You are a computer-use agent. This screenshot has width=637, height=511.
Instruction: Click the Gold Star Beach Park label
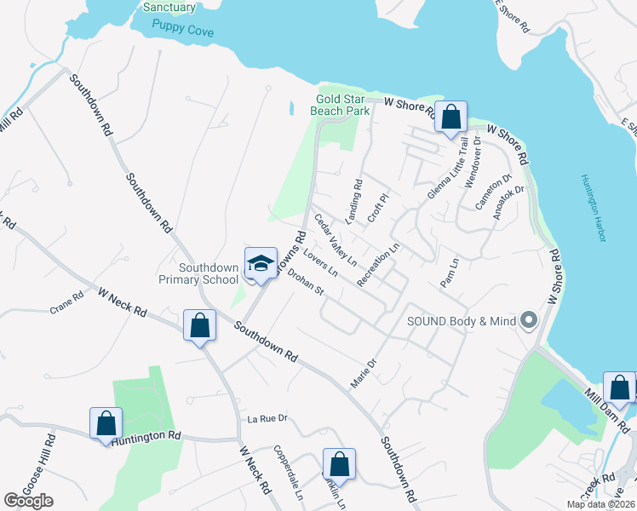[x=342, y=106]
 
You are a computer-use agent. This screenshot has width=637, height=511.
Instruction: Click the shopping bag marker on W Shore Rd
[x=450, y=116]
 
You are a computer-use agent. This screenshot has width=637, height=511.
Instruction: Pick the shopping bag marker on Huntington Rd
[x=106, y=422]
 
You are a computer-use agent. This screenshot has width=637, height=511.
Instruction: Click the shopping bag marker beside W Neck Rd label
[x=198, y=325]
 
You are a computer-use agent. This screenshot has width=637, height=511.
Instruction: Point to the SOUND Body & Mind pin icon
[x=529, y=320]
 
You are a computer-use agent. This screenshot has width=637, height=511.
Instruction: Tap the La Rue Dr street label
[x=269, y=419]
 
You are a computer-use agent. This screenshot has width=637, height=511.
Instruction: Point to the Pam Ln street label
[x=450, y=272]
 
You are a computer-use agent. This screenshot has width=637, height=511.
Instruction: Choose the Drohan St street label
[x=306, y=284]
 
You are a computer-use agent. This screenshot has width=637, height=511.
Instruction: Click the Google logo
[x=28, y=501]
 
